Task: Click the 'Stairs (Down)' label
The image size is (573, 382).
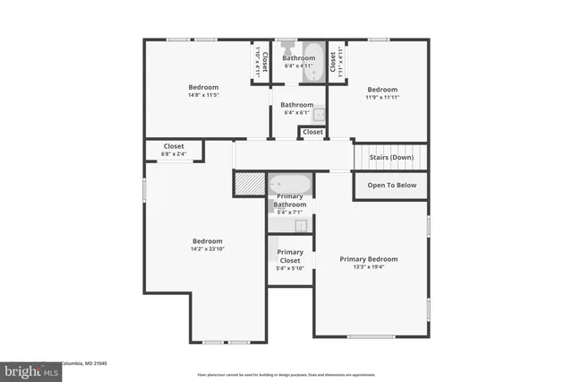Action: pyautogui.click(x=391, y=157)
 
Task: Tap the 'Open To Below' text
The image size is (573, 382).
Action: pyautogui.click(x=391, y=186)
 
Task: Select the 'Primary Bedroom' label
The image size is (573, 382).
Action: pyautogui.click(x=368, y=259)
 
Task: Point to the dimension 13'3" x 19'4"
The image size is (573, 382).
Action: pyautogui.click(x=368, y=267)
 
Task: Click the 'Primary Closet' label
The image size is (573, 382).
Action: pyautogui.click(x=289, y=256)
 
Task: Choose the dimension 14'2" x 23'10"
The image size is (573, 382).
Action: pyautogui.click(x=207, y=249)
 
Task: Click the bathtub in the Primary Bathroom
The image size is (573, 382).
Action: pyautogui.click(x=290, y=185)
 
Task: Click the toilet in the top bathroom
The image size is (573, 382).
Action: pyautogui.click(x=287, y=45)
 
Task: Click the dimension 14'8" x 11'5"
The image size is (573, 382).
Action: pyautogui.click(x=203, y=95)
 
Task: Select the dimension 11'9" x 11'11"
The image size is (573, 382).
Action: pyautogui.click(x=382, y=98)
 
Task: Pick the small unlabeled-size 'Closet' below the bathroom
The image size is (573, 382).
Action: pyautogui.click(x=312, y=132)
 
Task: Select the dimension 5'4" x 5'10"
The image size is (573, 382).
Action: pyautogui.click(x=289, y=268)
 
